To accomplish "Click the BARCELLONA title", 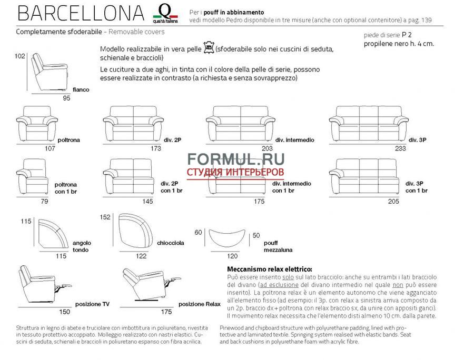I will click(80, 13).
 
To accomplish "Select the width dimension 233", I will click(400, 148).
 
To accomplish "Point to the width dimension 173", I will click(156, 148).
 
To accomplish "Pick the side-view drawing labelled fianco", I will click(51, 72).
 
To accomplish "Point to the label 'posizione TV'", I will click(92, 304).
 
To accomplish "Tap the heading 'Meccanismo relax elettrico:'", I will click(269, 268).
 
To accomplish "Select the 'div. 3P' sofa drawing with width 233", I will click(366, 123).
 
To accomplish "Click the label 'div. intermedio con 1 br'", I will click(291, 187).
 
